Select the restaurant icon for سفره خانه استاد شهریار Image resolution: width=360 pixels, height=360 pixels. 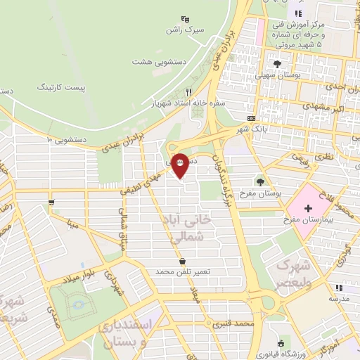pyautogui.click(x=188, y=92)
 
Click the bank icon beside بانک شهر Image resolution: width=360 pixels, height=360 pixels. pyautogui.click(x=252, y=117)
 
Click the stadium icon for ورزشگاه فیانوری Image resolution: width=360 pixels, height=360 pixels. pyautogui.click(x=281, y=343)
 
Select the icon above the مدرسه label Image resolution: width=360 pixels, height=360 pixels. pyautogui.click(x=338, y=288)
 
